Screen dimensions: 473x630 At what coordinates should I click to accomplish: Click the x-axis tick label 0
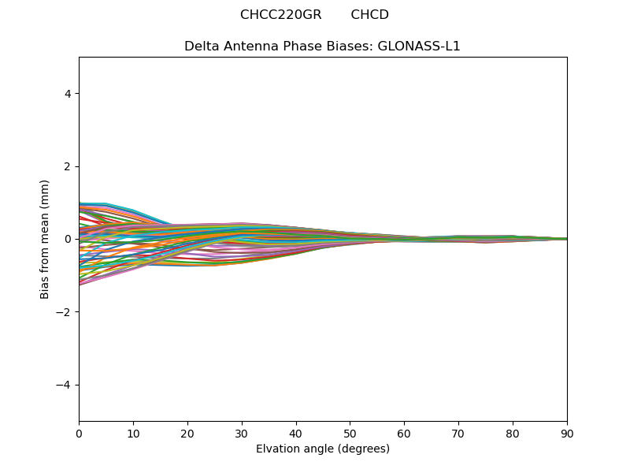[79, 433]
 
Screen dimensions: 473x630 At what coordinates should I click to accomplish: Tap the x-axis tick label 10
[133, 433]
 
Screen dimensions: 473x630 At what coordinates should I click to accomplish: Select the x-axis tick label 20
[187, 433]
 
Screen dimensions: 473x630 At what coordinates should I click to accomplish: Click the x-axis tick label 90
[567, 433]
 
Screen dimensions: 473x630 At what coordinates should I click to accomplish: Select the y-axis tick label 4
[68, 94]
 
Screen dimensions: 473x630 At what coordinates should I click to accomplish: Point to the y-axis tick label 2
[68, 166]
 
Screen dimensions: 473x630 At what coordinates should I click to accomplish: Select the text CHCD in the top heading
[369, 15]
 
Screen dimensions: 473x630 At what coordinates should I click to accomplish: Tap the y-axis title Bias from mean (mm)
[46, 239]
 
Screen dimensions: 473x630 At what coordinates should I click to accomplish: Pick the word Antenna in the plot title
[247, 47]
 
